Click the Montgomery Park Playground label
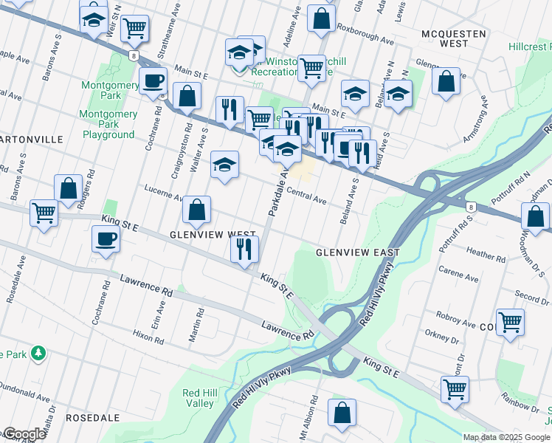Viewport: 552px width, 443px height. (108, 125)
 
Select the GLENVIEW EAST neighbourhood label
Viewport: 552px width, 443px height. (358, 253)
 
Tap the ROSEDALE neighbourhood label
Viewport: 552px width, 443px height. (92, 418)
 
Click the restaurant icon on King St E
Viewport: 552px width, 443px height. (244, 249)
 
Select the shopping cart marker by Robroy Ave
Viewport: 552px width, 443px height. (510, 322)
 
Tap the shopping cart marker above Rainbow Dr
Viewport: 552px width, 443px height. (455, 388)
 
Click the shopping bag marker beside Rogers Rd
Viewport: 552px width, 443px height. (68, 188)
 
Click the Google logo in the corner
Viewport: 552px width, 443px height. (24, 434)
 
